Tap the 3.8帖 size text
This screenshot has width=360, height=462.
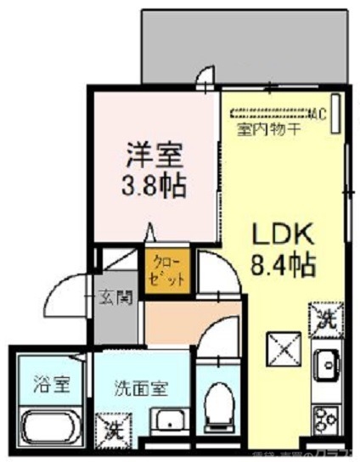pyautogui.click(x=155, y=184)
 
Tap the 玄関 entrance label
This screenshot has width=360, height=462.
pyautogui.click(x=117, y=296)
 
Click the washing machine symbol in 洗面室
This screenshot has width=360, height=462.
pyautogui.click(x=114, y=428)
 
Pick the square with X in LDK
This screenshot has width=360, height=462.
pyautogui.click(x=283, y=347)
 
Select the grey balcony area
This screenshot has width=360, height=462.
pyautogui.click(x=246, y=42)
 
